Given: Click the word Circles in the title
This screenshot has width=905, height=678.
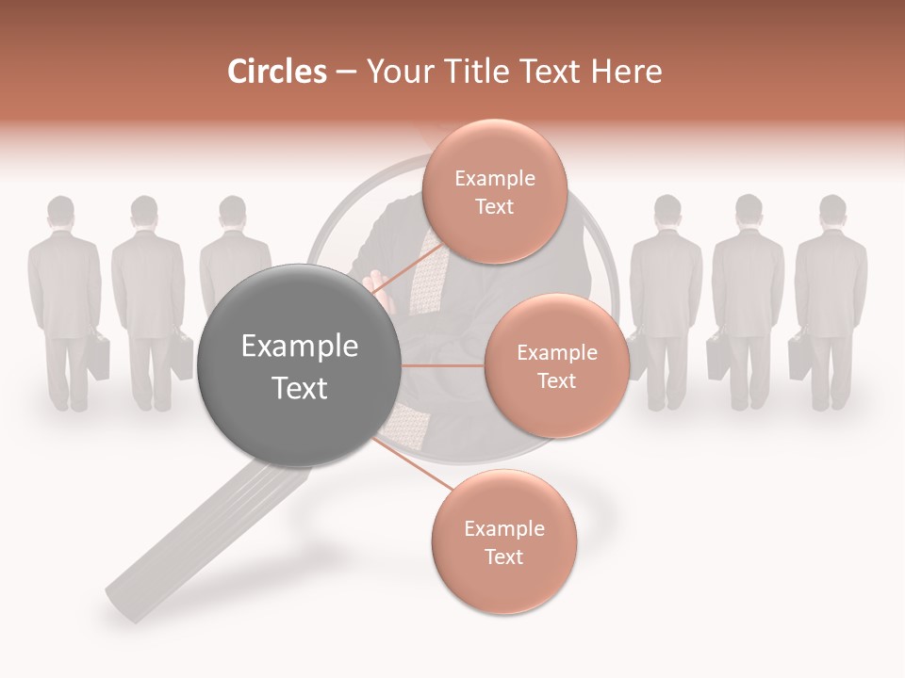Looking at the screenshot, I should click(x=277, y=72).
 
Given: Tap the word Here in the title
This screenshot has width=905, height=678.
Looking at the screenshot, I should click(x=628, y=72).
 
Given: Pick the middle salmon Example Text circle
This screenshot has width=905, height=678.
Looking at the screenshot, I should click(x=556, y=365).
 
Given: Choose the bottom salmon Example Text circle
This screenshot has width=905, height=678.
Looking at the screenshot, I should click(x=503, y=542).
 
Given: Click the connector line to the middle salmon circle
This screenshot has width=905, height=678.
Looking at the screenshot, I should click(x=442, y=365).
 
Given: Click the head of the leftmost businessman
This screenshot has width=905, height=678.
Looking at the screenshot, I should click(x=61, y=214).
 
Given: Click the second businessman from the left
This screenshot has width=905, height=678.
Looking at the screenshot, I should click(x=146, y=301).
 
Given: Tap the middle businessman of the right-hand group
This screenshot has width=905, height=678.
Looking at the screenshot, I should click(x=748, y=301).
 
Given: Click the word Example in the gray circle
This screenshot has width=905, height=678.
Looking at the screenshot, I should click(x=300, y=347).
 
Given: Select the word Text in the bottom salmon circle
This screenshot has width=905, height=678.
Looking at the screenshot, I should click(x=503, y=557).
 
